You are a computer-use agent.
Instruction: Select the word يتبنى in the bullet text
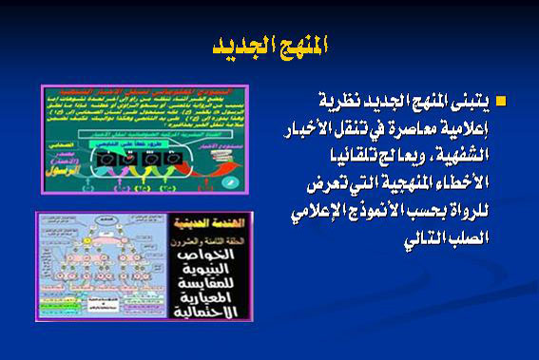tap(472, 102)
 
